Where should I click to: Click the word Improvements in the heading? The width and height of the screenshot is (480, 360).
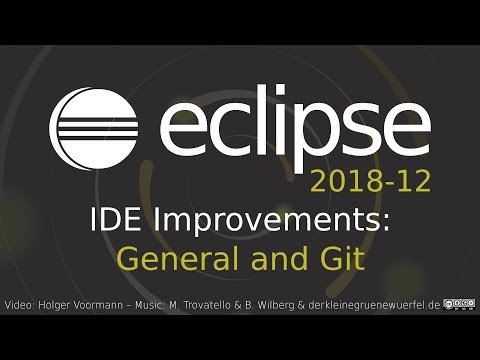[x=256, y=222]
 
